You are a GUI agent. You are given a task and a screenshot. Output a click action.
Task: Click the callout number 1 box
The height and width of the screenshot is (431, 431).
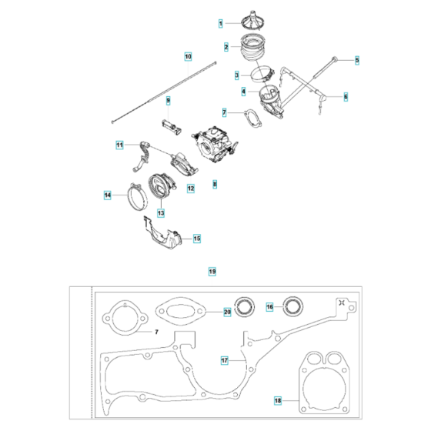(221, 25)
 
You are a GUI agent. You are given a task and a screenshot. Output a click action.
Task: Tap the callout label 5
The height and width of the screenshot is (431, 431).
(356, 59)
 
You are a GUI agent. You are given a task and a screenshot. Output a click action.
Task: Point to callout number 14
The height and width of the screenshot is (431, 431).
(108, 196)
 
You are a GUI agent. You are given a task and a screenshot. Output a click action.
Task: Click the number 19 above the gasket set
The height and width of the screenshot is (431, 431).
(212, 271)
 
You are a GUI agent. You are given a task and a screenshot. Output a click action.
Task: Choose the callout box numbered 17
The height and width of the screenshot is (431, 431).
(224, 359)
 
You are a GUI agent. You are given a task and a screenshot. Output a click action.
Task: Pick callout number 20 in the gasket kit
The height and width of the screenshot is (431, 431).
(227, 312)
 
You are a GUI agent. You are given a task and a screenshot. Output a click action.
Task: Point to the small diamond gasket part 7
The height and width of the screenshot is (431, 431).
(250, 116)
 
